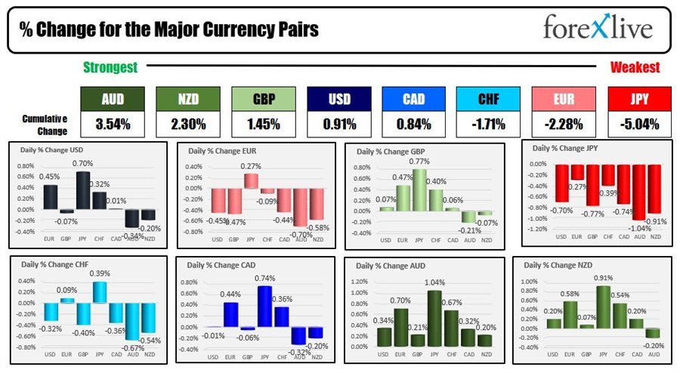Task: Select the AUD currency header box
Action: pos(113,98)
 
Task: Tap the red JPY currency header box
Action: pos(638,98)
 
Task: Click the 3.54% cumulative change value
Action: pos(113,124)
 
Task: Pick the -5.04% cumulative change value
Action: pos(638,124)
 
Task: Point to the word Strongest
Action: pos(110,67)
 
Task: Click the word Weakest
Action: pos(635,67)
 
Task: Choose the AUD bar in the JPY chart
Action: pos(641,193)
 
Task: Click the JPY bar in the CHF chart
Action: pos(100,292)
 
